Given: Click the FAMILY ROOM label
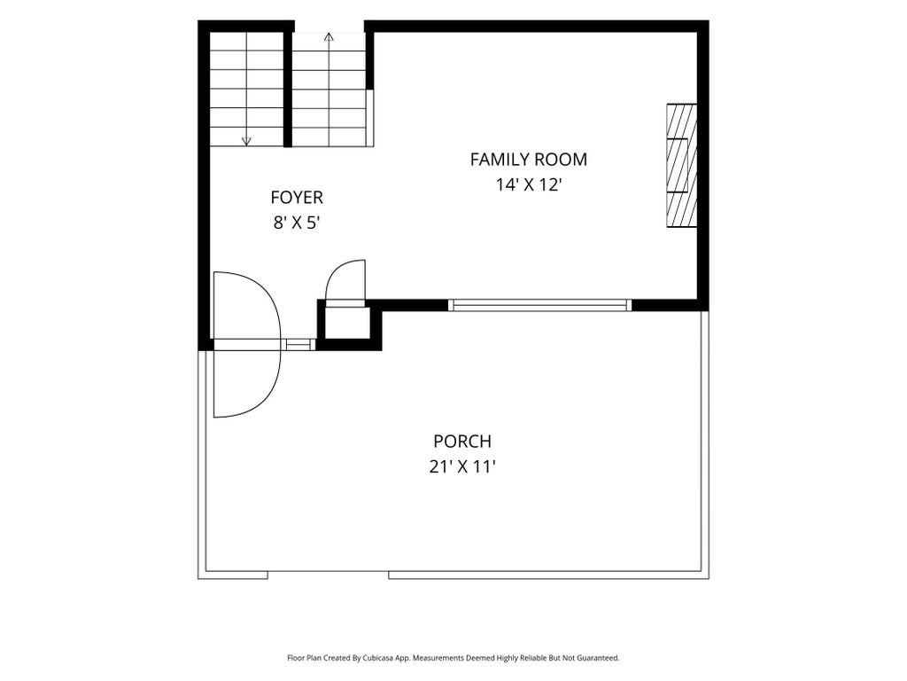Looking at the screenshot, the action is pyautogui.click(x=528, y=160).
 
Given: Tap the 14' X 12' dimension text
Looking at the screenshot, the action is pyautogui.click(x=530, y=184).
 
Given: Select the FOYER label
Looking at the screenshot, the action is pyautogui.click(x=297, y=198).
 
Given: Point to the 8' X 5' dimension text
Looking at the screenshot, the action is pyautogui.click(x=297, y=223).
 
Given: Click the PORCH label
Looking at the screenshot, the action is pyautogui.click(x=462, y=442).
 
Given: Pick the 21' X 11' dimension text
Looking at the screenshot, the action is pyautogui.click(x=462, y=466).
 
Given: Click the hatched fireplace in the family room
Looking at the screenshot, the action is pyautogui.click(x=681, y=166).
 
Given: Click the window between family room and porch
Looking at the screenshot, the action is pyautogui.click(x=539, y=305).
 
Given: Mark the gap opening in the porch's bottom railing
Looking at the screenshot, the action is pyautogui.click(x=328, y=575).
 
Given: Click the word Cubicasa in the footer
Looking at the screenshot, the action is pyautogui.click(x=379, y=658).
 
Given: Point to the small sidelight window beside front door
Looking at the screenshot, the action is pyautogui.click(x=298, y=345).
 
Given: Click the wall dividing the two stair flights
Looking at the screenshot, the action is pyautogui.click(x=288, y=88).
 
